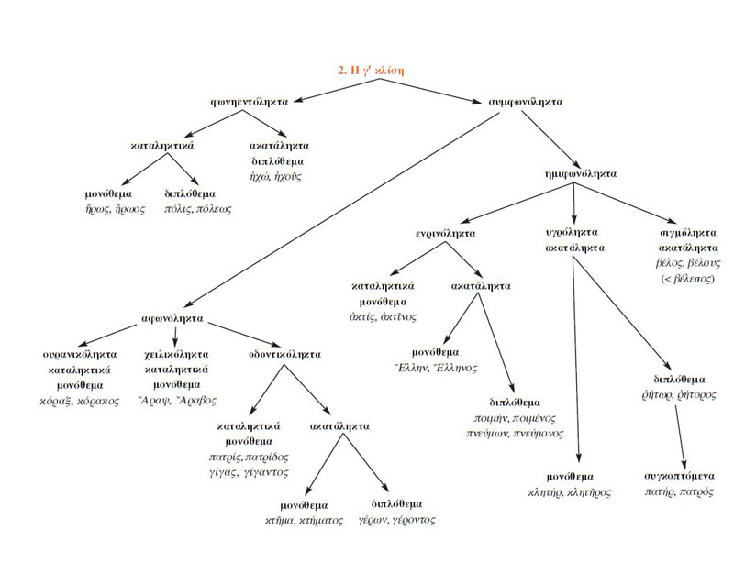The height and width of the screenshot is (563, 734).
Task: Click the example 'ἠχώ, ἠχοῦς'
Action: [x=280, y=176]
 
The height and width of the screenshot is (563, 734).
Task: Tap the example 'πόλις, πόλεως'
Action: [x=198, y=209]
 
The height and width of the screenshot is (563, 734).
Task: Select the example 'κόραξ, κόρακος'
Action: [x=79, y=402]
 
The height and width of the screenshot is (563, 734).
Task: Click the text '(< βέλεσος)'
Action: [x=681, y=278]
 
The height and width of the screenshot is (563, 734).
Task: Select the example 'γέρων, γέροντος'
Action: [x=397, y=519]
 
